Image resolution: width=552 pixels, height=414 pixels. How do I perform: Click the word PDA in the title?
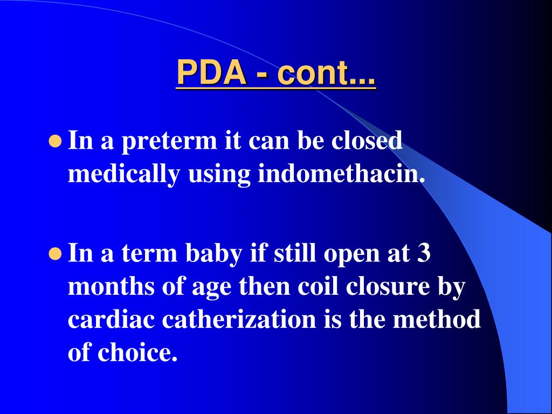[211, 73]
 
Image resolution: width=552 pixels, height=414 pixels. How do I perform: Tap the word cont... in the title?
[327, 73]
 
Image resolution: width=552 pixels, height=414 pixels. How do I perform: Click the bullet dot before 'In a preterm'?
[54, 142]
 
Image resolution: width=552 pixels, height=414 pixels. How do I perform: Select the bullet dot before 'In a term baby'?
[54, 254]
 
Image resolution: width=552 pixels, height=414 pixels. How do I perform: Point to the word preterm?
[170, 142]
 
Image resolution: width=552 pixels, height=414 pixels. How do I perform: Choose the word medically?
[124, 175]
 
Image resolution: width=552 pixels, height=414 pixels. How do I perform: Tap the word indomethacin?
[339, 174]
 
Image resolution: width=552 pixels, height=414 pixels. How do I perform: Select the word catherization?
[239, 320]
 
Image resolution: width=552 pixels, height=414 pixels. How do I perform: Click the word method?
[436, 320]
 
